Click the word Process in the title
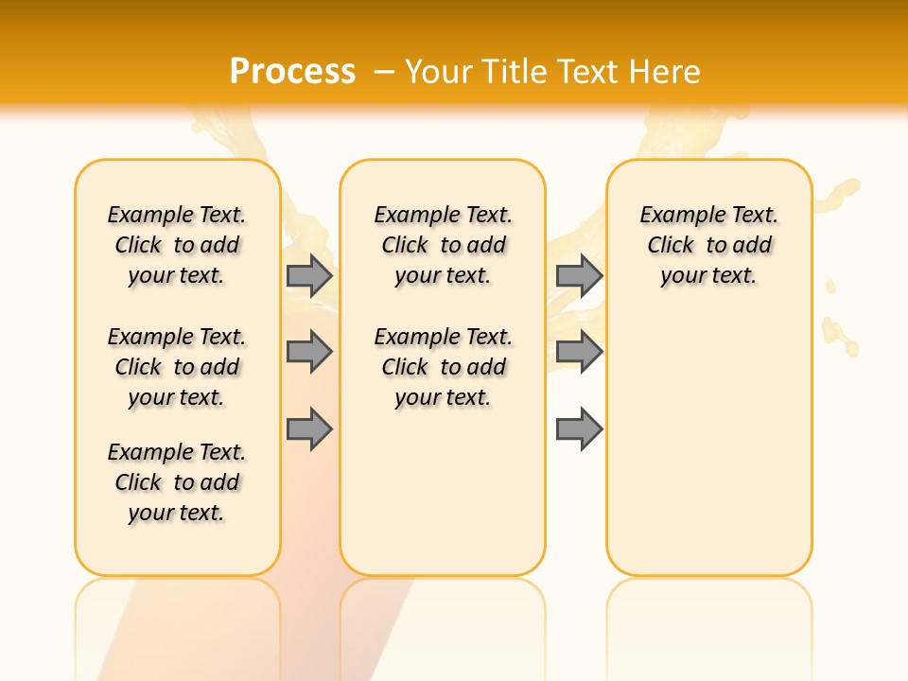point(292,72)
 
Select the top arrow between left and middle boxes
point(309,275)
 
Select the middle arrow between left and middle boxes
point(309,352)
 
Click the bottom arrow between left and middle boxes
point(309,429)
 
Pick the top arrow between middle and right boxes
point(579,275)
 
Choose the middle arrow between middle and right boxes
point(579,352)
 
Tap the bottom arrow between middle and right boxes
point(579,429)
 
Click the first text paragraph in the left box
point(177,245)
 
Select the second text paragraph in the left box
point(177,367)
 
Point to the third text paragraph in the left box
point(177,482)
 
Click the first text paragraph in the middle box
point(443,245)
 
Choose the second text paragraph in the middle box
point(443,367)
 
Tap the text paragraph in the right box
point(708,245)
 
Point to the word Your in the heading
point(439,72)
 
